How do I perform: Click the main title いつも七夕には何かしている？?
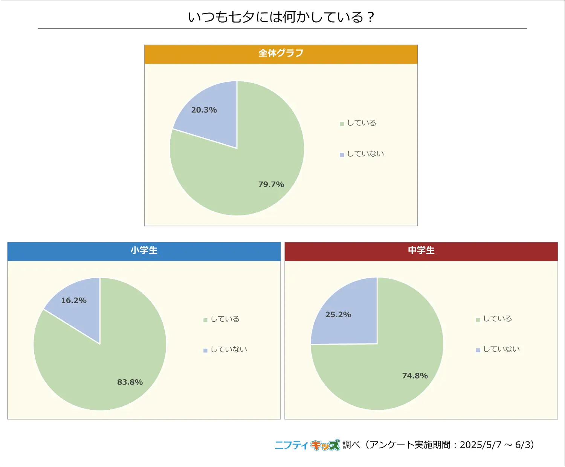tap(281, 17)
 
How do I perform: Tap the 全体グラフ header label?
tap(281, 53)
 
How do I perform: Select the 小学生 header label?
tap(144, 250)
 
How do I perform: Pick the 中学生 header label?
tap(421, 250)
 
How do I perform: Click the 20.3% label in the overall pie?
tap(204, 110)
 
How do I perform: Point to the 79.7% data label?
tap(271, 184)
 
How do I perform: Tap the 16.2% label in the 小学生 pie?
tap(74, 301)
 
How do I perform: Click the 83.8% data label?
tap(130, 382)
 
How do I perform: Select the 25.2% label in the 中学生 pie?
tap(338, 314)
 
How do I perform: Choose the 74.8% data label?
tap(415, 376)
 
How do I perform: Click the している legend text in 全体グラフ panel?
tap(362, 123)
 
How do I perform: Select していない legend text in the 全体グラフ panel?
tap(365, 154)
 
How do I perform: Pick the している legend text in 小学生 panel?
tap(225, 319)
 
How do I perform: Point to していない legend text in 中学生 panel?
tap(501, 349)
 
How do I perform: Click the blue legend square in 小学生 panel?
tap(205, 350)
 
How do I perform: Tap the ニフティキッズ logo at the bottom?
tap(307, 445)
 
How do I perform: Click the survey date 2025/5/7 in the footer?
tap(481, 445)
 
